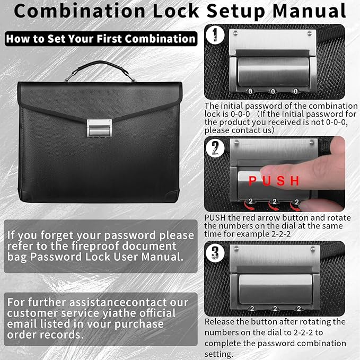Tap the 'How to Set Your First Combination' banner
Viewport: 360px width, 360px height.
point(101,39)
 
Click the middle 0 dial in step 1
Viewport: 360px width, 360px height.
point(274,91)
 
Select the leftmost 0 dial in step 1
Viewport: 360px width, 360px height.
point(251,91)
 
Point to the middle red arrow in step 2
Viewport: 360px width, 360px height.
point(274,203)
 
